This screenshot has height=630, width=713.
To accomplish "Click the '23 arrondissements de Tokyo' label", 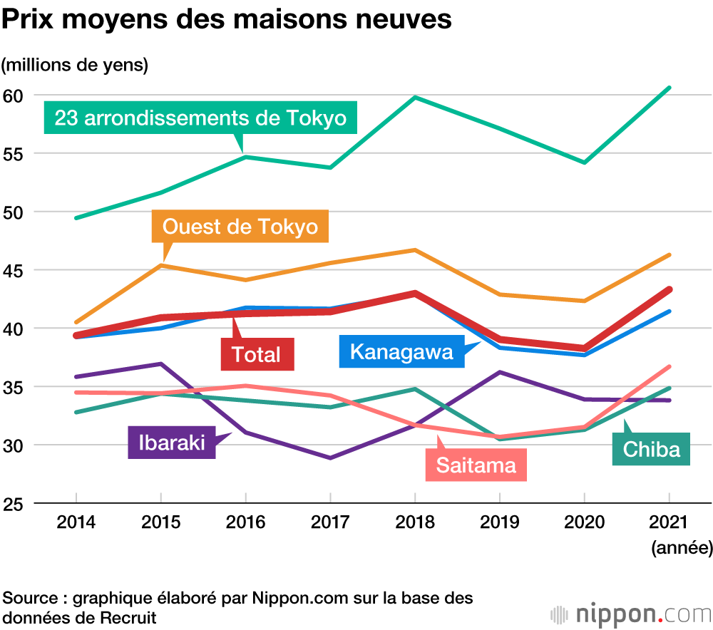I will pos(200,118).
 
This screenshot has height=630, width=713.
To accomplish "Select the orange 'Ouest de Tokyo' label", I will pos(240,227).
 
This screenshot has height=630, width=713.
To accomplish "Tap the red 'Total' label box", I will pos(256,354).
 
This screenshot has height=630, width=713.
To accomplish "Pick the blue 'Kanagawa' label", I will pos(401,352).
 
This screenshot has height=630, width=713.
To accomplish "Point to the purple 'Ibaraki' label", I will pos(171,442).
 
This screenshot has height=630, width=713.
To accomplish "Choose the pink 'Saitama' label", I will pos(476,466).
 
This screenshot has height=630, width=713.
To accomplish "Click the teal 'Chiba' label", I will pos(651,450).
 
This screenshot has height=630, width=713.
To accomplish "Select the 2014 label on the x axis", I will pos(76,522).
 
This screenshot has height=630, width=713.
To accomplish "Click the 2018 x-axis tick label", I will pos(415,522).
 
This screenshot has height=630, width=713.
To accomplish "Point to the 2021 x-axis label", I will pos(669,522).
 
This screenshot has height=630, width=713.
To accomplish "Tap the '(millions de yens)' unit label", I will pos(74,65).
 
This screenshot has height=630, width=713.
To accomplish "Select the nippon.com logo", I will pos(631,613).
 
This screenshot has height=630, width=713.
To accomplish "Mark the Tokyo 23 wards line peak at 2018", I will pos(415,97).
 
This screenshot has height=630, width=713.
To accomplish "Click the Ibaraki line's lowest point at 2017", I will pos(330,458).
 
